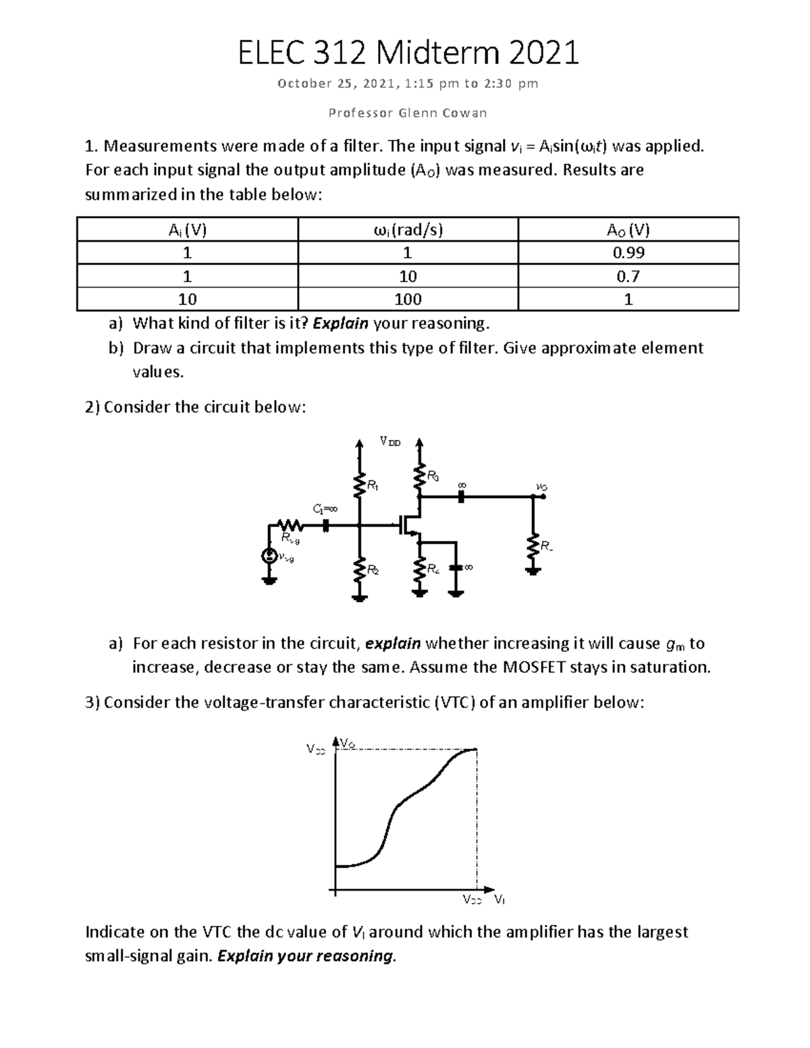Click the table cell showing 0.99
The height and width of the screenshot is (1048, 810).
628,253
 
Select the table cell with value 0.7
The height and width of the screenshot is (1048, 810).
628,276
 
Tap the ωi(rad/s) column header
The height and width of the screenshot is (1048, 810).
408,229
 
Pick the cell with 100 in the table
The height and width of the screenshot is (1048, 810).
408,299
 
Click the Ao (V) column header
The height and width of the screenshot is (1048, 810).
628,229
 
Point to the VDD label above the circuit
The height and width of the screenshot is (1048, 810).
389,442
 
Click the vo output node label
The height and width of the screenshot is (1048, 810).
540,486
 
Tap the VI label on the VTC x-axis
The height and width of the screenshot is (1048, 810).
500,899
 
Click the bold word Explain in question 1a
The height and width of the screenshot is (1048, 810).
341,323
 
